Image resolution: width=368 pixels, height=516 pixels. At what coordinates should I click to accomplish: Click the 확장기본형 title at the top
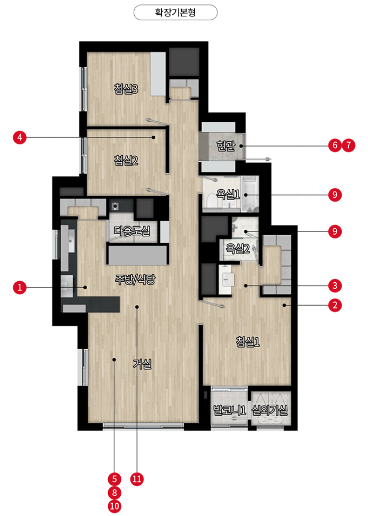click(x=175, y=12)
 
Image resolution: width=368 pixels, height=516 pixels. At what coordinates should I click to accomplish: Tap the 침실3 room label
click(x=126, y=89)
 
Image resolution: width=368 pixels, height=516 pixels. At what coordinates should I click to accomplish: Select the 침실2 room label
click(x=126, y=160)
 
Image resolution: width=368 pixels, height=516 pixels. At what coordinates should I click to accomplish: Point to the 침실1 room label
click(x=248, y=342)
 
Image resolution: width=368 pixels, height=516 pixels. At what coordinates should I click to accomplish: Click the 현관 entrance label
click(x=226, y=146)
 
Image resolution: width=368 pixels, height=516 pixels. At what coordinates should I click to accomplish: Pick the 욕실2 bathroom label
click(x=238, y=248)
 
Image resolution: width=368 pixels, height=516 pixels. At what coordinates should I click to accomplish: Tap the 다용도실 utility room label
click(x=132, y=231)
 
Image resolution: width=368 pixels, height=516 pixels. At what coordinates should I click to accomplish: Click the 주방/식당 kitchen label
click(x=135, y=279)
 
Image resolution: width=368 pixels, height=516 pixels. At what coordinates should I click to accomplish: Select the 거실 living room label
click(x=142, y=363)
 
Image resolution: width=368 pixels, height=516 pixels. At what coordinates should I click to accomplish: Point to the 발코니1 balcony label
click(x=230, y=410)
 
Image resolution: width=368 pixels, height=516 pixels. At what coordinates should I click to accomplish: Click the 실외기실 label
click(x=269, y=410)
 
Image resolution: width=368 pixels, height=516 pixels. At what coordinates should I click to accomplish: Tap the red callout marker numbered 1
click(x=20, y=287)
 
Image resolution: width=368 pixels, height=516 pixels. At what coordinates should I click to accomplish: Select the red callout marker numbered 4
click(x=20, y=137)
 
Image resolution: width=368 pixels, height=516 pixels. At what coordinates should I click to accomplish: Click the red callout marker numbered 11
click(x=137, y=479)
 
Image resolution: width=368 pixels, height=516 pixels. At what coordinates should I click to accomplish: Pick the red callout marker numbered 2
click(x=335, y=306)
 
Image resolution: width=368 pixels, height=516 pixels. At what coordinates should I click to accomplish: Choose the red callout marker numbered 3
click(x=335, y=286)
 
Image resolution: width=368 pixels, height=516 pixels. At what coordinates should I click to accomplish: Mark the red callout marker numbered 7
click(x=349, y=145)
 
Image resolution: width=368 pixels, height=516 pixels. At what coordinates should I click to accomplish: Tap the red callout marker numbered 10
click(x=114, y=506)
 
